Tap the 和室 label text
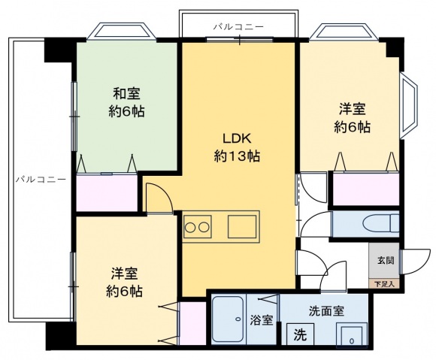coord(126,94)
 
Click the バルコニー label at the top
coord(238,26)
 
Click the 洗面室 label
coord(325,310)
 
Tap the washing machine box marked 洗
coord(299,334)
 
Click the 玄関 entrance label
coord(385,260)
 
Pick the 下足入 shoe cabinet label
coord(385,283)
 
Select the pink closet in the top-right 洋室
coord(365,189)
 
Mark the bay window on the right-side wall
coord(410,108)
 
